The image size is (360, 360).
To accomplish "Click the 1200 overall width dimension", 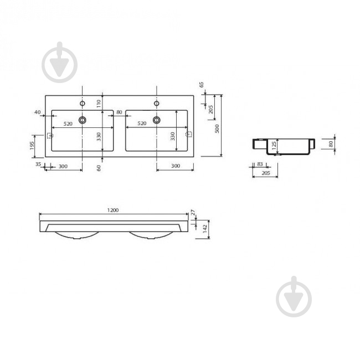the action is pos(113,210).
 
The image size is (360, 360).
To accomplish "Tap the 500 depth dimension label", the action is pos(217,129).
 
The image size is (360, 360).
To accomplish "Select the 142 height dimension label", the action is pos(205,229).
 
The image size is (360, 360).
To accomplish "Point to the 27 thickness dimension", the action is pos(193,212).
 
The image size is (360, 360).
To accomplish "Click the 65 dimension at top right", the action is pos(202,85).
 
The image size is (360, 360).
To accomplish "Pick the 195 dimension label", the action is pos(32,146).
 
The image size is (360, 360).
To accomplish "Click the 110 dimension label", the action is pos(99,104).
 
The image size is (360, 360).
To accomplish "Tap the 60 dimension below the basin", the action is pos(99,168).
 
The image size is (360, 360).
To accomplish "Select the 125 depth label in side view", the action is pos(274,146).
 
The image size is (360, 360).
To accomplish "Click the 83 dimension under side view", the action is pos(260,164).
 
